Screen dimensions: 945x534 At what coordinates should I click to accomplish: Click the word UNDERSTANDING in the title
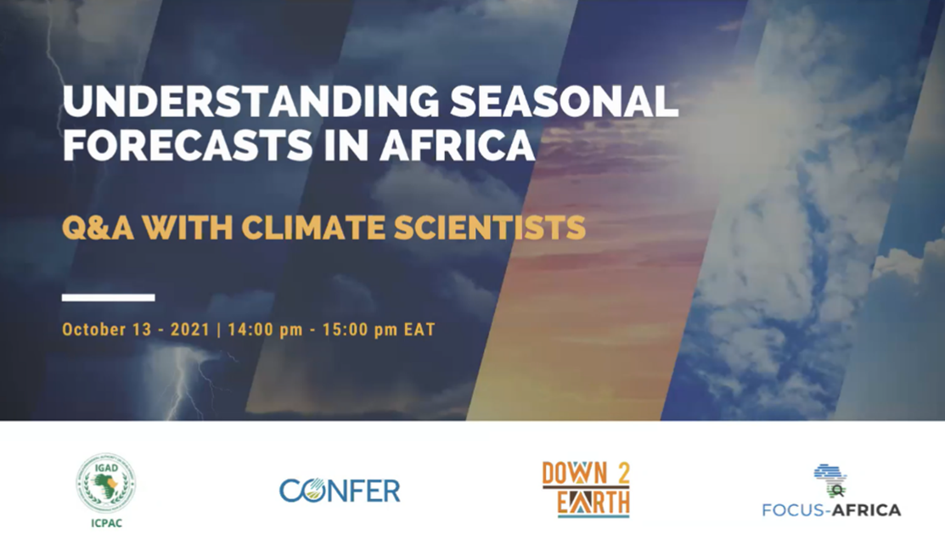click(x=251, y=101)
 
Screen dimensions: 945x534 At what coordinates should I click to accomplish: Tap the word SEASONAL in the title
click(x=565, y=101)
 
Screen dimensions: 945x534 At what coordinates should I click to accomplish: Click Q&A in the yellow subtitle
click(x=98, y=228)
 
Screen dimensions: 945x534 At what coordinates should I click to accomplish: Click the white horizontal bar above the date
click(x=109, y=297)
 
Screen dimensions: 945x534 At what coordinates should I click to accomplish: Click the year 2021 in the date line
click(x=190, y=329)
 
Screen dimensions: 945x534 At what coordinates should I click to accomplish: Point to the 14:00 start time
click(x=246, y=329)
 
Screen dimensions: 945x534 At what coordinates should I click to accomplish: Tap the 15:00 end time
click(x=340, y=329)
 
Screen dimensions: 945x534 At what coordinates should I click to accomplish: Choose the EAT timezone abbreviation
click(x=419, y=329)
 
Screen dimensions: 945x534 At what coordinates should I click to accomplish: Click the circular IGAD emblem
click(x=106, y=483)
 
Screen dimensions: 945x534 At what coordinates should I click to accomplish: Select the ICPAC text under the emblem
click(x=107, y=523)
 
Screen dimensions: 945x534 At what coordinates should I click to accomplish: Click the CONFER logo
click(x=340, y=491)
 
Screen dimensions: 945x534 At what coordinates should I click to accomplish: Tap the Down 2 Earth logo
click(x=586, y=489)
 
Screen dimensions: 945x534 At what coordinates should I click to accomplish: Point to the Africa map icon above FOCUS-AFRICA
click(x=831, y=480)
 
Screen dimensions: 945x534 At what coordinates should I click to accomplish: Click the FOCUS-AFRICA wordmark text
click(x=832, y=510)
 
